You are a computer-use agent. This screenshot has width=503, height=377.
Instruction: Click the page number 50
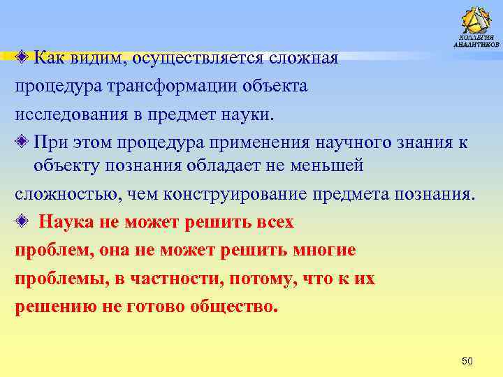tap(468, 360)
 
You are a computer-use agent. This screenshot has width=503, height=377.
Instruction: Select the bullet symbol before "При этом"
tap(23, 142)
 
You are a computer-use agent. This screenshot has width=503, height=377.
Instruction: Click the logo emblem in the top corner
tap(476, 19)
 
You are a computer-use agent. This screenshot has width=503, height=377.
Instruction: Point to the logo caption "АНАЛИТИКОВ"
tap(476, 44)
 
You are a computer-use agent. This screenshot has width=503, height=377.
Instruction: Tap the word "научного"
tap(359, 142)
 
